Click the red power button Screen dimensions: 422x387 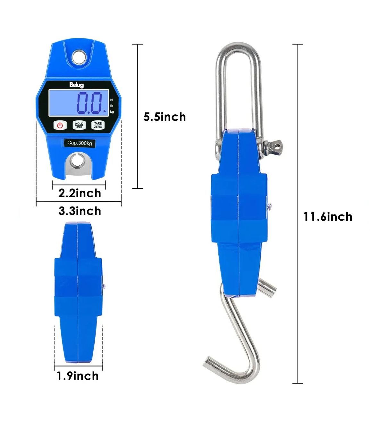click(60, 125)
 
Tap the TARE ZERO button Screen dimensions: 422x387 click(98, 125)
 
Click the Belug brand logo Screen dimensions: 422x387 click(77, 85)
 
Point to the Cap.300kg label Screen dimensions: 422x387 click(80, 143)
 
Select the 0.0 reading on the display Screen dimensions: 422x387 click(89, 102)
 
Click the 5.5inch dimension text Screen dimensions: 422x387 click(164, 117)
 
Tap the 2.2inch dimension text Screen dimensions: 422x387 click(80, 193)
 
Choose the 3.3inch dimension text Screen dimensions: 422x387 click(80, 211)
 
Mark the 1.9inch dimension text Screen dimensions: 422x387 click(78, 376)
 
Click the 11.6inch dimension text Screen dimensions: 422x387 click(328, 217)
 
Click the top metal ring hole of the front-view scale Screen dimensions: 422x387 click(79, 58)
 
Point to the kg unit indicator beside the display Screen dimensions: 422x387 click(112, 112)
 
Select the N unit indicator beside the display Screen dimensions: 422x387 click(112, 100)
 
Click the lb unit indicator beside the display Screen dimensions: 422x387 click(112, 106)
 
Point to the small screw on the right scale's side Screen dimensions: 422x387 click(270, 206)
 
